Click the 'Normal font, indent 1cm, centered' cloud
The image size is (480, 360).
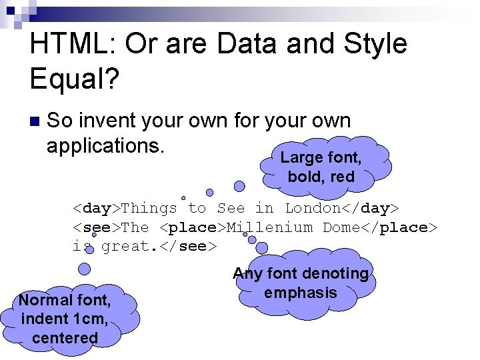[x=65, y=319]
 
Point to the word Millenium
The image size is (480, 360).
[x=270, y=227]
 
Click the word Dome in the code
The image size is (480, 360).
[x=342, y=227]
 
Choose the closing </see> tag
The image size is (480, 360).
[x=189, y=247]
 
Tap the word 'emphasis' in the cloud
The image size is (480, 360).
[x=301, y=293]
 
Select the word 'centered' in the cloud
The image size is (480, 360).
[x=65, y=337]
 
